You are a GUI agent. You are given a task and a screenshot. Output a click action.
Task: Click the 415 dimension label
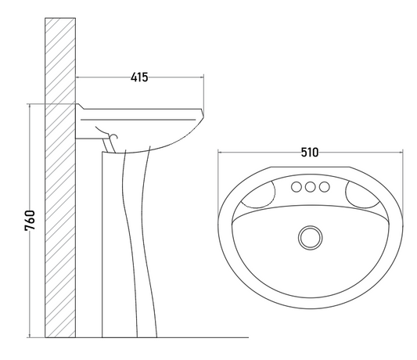point(139,77)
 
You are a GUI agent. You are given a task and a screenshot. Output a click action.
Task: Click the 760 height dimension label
point(30,221)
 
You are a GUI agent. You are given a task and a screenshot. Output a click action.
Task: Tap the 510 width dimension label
point(310,153)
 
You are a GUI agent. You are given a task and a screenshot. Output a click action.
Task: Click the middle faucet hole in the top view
point(310,187)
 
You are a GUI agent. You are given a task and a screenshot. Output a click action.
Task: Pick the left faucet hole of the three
point(297,187)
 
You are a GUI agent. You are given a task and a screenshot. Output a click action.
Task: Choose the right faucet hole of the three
point(324,187)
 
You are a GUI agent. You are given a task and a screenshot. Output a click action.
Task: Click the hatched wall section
point(60,178)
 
